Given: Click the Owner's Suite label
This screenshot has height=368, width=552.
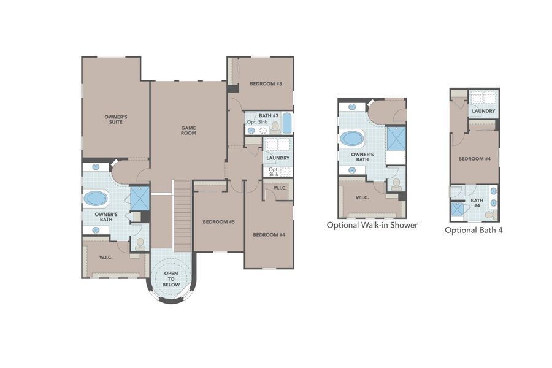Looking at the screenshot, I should tap(116, 119).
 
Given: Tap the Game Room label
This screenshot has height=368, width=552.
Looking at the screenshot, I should tap(188, 131).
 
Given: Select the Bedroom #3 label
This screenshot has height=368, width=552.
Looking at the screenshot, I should tap(266, 83).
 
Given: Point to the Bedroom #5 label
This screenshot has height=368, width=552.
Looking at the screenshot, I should tap(219, 222).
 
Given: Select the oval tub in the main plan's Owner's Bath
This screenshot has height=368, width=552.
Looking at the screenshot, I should tap(95, 198).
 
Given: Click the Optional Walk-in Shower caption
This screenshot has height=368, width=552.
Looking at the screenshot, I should tap(372, 225).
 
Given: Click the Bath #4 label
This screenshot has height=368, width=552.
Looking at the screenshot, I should tap(477, 203).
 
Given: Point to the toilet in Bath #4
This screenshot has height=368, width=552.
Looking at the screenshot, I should tap(490, 215).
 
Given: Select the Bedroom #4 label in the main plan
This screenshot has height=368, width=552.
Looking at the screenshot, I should tap(269, 234).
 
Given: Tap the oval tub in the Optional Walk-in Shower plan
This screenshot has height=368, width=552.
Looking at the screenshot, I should tap(353, 139).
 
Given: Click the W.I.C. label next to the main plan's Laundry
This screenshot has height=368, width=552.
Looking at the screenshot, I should tap(280, 188).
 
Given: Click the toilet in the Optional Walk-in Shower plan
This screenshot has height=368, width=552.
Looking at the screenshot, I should tap(396, 183).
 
